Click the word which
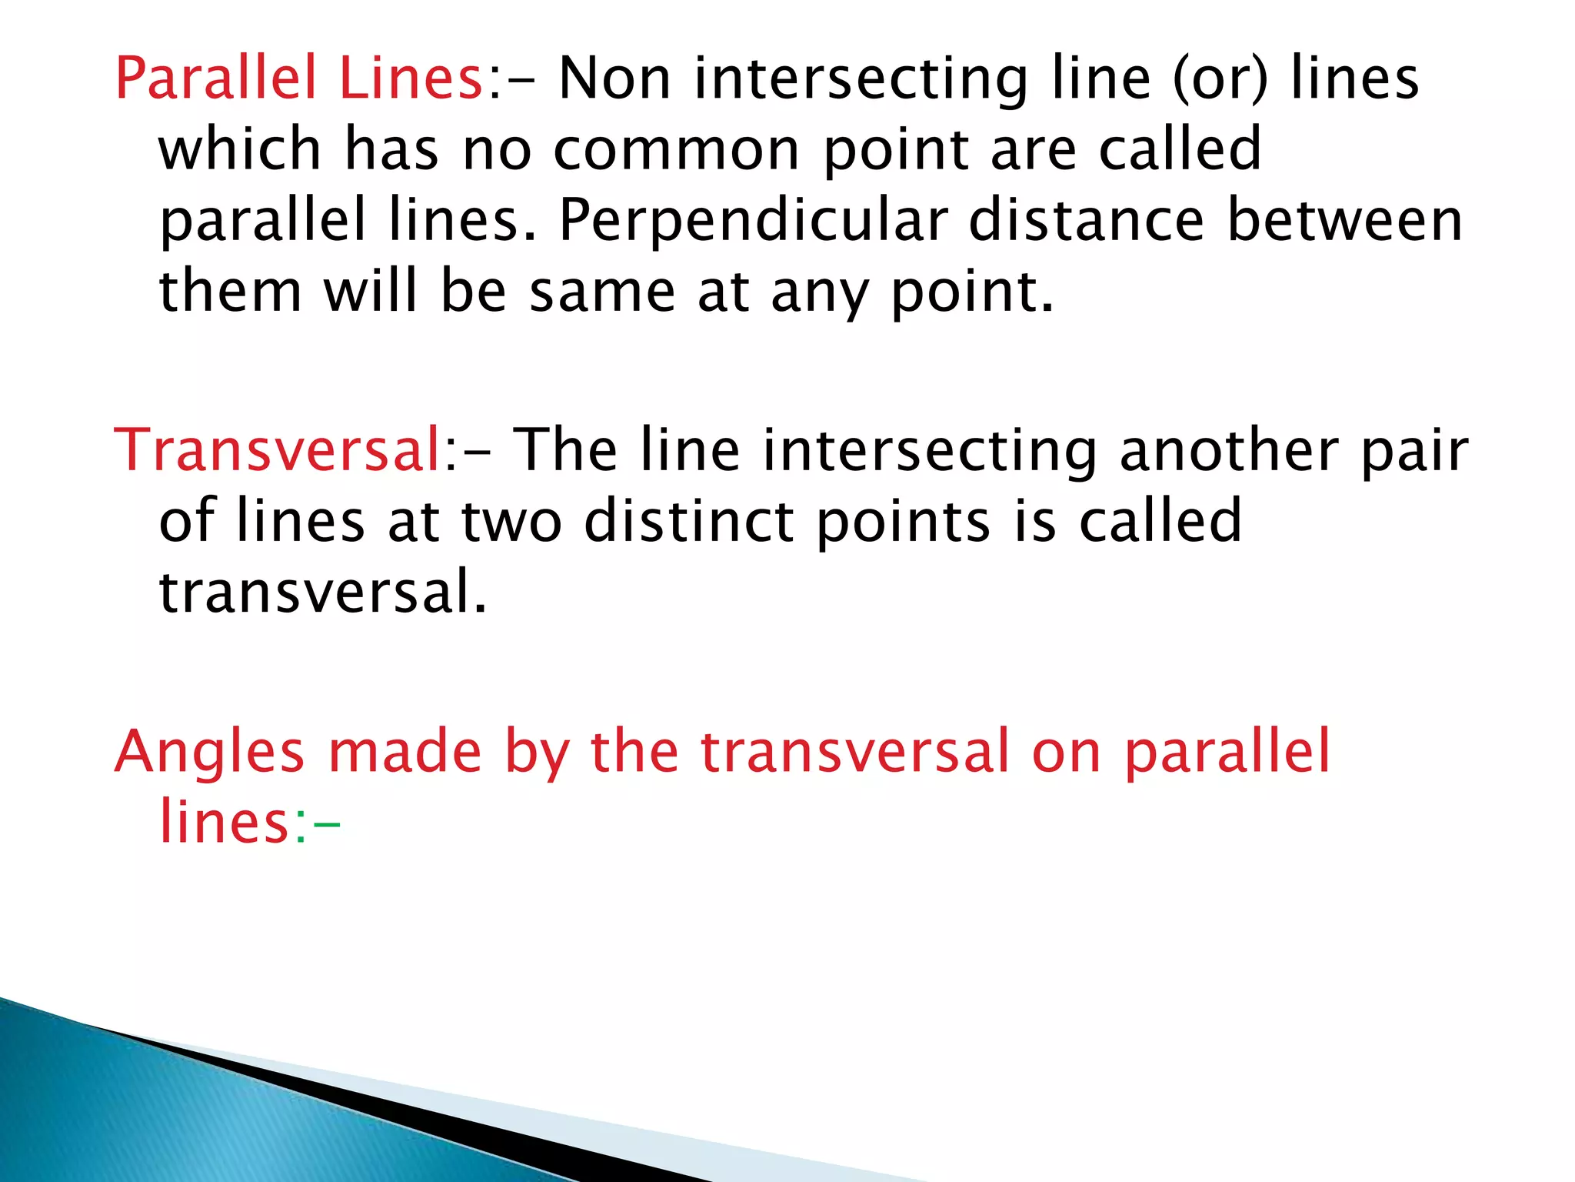click(x=239, y=149)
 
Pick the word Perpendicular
click(x=752, y=222)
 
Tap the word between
click(x=1344, y=222)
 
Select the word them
click(x=230, y=292)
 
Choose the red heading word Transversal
click(x=276, y=450)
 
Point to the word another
click(x=1229, y=450)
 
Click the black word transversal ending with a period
click(x=322, y=593)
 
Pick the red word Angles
click(x=209, y=753)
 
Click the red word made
click(x=405, y=751)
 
